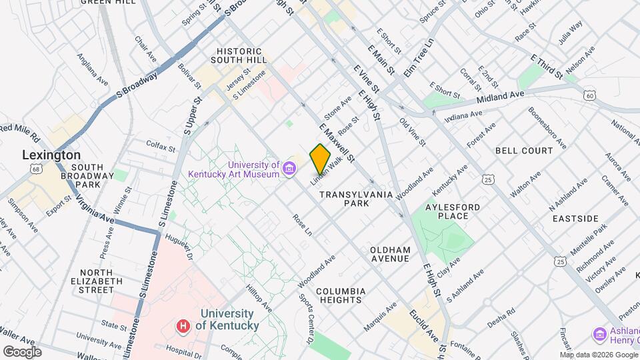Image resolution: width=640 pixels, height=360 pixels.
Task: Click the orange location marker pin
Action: pos(320,159)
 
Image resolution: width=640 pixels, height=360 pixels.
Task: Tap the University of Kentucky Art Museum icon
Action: pos(289,166)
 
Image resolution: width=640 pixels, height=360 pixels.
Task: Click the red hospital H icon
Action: pos(183,326)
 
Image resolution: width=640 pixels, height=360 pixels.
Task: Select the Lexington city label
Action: pos(51,155)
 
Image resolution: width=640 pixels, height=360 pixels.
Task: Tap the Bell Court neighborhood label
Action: pos(524,151)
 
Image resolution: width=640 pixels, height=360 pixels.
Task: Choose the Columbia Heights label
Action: pos(340,295)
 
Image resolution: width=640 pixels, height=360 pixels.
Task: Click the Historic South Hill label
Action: pos(241,55)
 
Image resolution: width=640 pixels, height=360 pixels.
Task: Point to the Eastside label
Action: pos(574,219)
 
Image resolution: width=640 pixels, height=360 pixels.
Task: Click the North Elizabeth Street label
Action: pos(101,281)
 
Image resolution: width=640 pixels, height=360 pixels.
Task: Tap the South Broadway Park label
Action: pos(94,176)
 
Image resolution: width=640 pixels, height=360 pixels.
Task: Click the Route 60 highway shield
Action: pos(589,96)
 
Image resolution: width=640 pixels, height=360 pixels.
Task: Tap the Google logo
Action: pos(22,351)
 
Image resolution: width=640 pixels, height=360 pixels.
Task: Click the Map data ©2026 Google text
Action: pos(598,354)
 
